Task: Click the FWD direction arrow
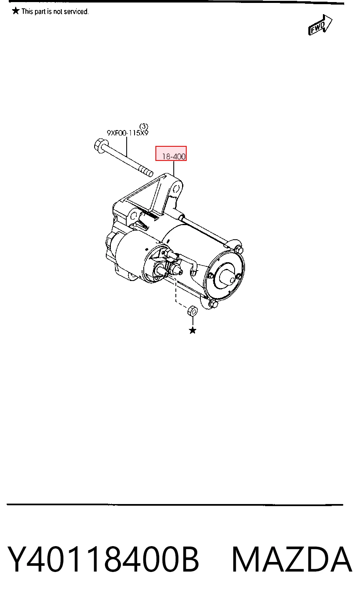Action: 320,25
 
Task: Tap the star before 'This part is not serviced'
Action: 16,11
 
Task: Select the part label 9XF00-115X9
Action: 127,133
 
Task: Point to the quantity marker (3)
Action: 144,126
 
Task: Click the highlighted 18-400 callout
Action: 171,153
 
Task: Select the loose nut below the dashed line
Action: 192,311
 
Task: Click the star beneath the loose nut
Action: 192,330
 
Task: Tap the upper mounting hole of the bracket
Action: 177,188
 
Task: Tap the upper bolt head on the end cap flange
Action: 239,250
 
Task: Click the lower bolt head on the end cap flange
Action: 213,304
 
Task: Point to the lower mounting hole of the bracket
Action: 133,216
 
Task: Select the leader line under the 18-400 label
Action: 174,168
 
